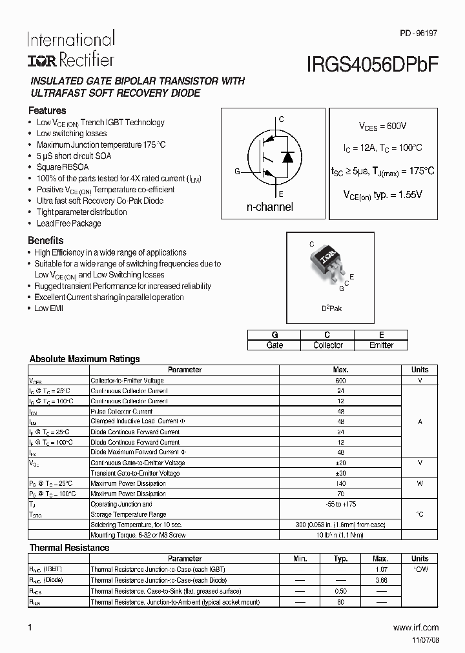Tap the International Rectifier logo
pos(70,49)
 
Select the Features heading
pos(48,110)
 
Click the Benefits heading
pos(46,241)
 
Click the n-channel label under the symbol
pos(269,207)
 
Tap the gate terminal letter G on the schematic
pos(237,172)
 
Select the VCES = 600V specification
pos(383,126)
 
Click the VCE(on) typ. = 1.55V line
pos(382,194)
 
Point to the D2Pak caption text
pos(332,308)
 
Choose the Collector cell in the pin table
pos(327,345)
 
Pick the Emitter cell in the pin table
pos(381,345)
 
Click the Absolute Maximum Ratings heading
pos(85,359)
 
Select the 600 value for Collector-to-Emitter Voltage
pos(340,381)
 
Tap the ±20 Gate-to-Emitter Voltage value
pos(340,463)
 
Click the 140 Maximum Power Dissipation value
pos(340,483)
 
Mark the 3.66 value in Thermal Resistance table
pos(380,581)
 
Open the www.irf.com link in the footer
pos(415,627)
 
